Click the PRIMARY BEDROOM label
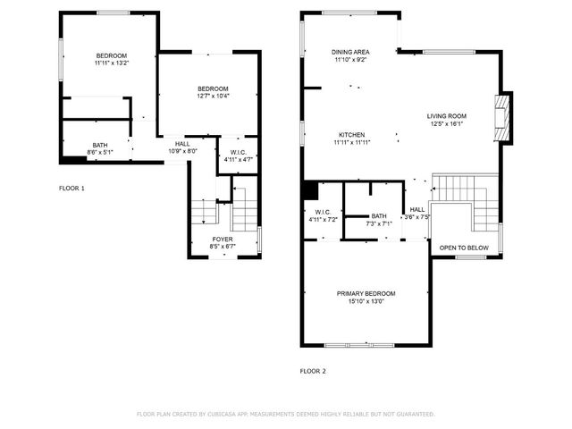pyautogui.click(x=366, y=293)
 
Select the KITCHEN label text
pyautogui.click(x=351, y=134)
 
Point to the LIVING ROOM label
pyautogui.click(x=446, y=116)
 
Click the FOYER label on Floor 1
pyautogui.click(x=223, y=240)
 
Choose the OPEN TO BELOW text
pyautogui.click(x=464, y=248)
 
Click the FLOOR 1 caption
pyautogui.click(x=71, y=189)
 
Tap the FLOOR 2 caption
pyautogui.click(x=313, y=370)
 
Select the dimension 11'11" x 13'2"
pyautogui.click(x=112, y=63)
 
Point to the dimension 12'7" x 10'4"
pyautogui.click(x=213, y=96)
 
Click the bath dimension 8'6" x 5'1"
pyautogui.click(x=99, y=152)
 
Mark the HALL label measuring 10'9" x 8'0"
pyautogui.click(x=182, y=151)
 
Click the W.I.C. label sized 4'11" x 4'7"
pyautogui.click(x=238, y=159)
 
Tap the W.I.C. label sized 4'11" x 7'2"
pyautogui.click(x=323, y=219)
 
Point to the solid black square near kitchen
pyautogui.click(x=310, y=190)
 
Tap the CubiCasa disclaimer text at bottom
pyautogui.click(x=285, y=414)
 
